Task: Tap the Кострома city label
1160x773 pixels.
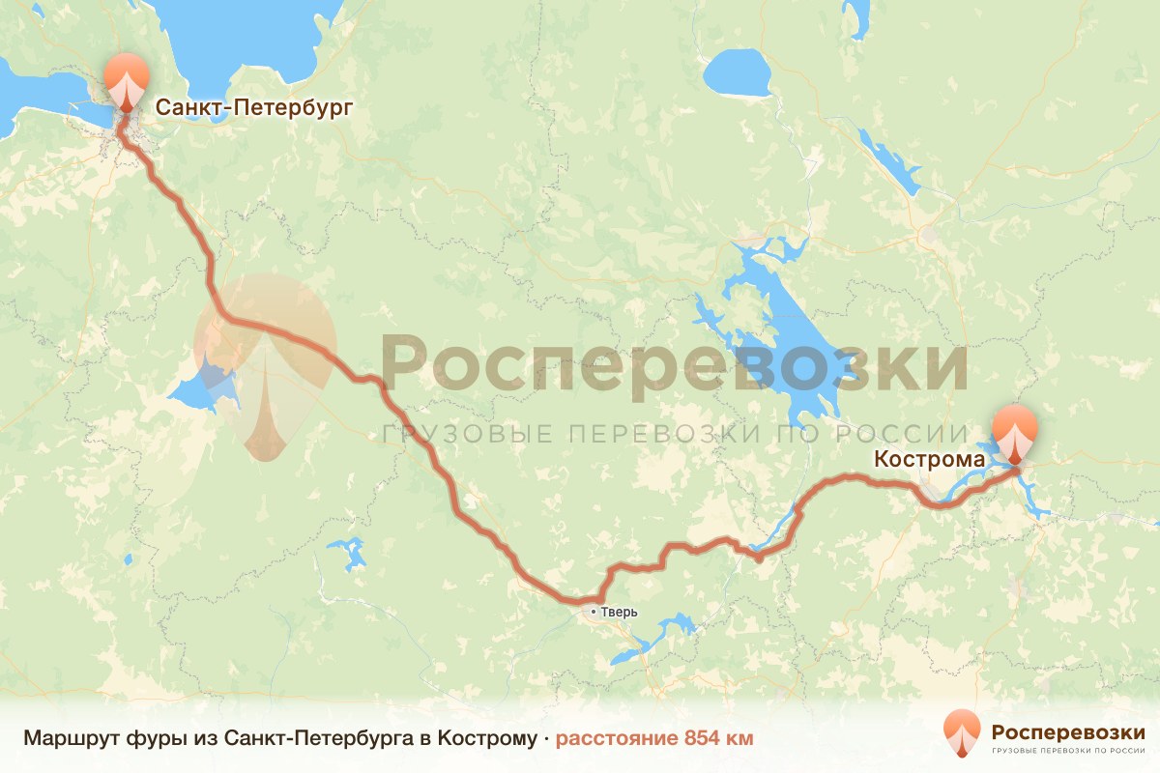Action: tap(929, 459)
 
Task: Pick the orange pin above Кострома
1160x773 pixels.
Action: tap(1015, 432)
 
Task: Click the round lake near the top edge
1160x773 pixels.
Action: tap(736, 72)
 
